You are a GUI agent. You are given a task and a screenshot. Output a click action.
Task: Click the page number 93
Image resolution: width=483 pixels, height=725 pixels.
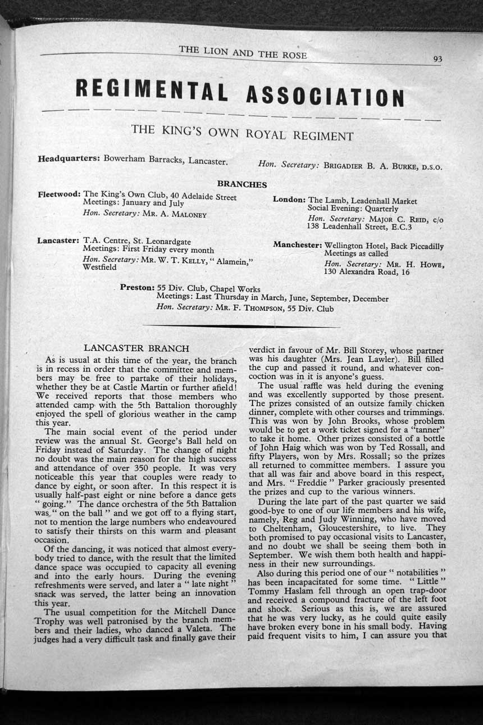coord(438,58)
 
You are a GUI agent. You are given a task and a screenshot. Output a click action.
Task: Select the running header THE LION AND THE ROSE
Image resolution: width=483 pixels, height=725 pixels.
coord(243,52)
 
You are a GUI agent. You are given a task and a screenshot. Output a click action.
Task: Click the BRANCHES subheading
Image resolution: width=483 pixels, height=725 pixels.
coord(242,184)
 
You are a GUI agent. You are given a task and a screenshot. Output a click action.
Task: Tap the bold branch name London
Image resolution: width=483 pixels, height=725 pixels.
coord(289,200)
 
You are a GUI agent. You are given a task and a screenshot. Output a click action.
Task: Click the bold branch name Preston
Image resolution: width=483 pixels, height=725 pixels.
coord(137,287)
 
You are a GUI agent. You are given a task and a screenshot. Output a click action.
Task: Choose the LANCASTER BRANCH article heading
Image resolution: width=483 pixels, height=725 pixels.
coord(136,348)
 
